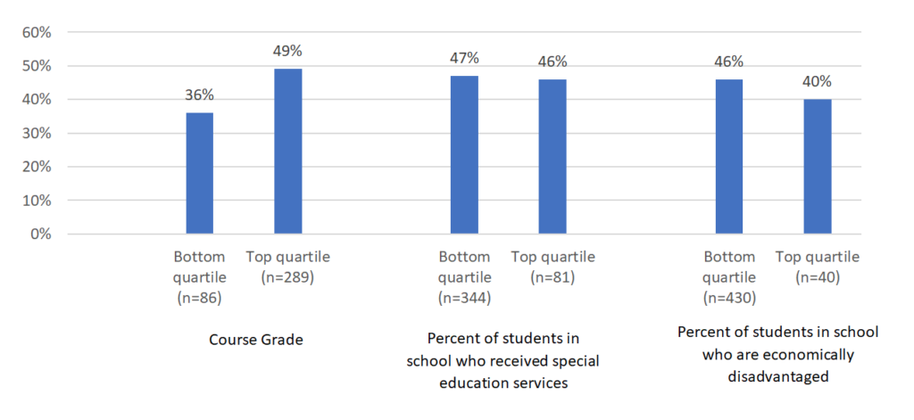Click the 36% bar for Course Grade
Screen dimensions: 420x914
tap(199, 173)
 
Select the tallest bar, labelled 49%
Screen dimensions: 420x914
tap(287, 152)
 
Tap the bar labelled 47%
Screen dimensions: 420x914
tap(464, 155)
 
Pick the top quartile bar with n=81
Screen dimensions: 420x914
tap(552, 157)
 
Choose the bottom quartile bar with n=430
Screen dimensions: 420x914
tap(728, 157)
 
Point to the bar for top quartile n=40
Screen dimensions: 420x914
tap(817, 167)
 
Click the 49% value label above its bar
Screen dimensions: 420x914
tap(287, 51)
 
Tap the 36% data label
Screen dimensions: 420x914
tap(199, 95)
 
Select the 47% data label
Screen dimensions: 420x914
tap(464, 58)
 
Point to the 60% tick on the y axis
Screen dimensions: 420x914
tap(35, 32)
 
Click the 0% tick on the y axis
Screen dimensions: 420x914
tap(38, 235)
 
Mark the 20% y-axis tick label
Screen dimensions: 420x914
tap(35, 167)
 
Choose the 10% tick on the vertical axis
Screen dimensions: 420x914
tap(35, 201)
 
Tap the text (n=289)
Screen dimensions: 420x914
tap(288, 276)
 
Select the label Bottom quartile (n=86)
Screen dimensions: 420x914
tap(199, 276)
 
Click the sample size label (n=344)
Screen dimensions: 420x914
tap(464, 297)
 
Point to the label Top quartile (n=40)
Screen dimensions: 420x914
tap(817, 267)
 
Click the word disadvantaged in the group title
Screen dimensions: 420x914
tap(777, 376)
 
